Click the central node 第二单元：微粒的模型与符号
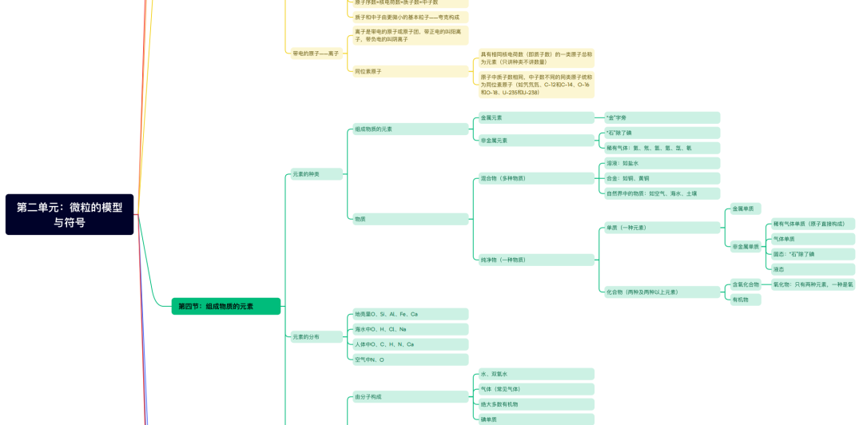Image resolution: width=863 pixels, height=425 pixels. (x=70, y=214)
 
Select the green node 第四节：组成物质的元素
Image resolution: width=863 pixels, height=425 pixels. (x=226, y=306)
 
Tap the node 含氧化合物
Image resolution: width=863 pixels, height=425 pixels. (x=745, y=284)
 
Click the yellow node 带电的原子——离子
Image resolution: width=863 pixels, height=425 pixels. (x=315, y=53)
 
